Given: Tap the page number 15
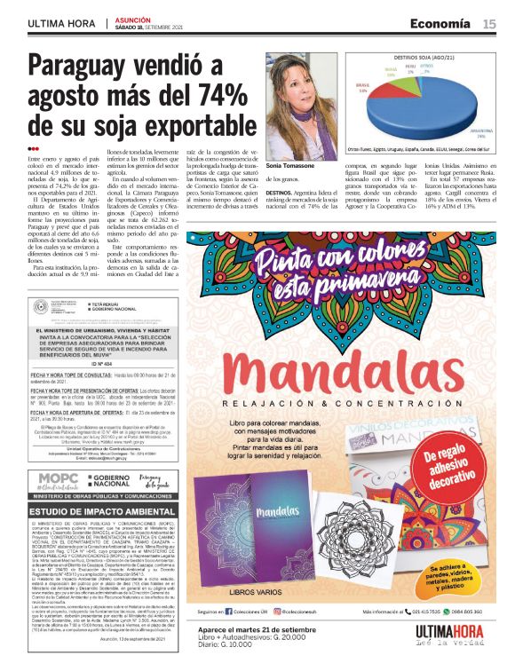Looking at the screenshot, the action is click(489, 23).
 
